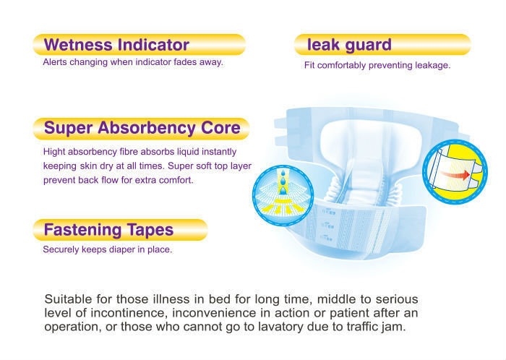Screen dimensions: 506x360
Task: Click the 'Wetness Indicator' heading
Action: [x=116, y=45]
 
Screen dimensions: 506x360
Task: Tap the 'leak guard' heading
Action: [x=349, y=45]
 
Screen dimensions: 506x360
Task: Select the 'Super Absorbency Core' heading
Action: [x=142, y=128]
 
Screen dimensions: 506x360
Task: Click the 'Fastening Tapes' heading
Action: [x=108, y=230]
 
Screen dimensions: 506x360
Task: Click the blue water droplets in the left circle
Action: [x=283, y=181]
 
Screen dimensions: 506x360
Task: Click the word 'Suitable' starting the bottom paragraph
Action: [x=69, y=299]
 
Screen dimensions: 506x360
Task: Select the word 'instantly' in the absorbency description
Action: [x=222, y=152]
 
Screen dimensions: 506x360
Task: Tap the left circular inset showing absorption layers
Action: [x=283, y=195]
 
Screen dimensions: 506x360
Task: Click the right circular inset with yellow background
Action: [x=455, y=171]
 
